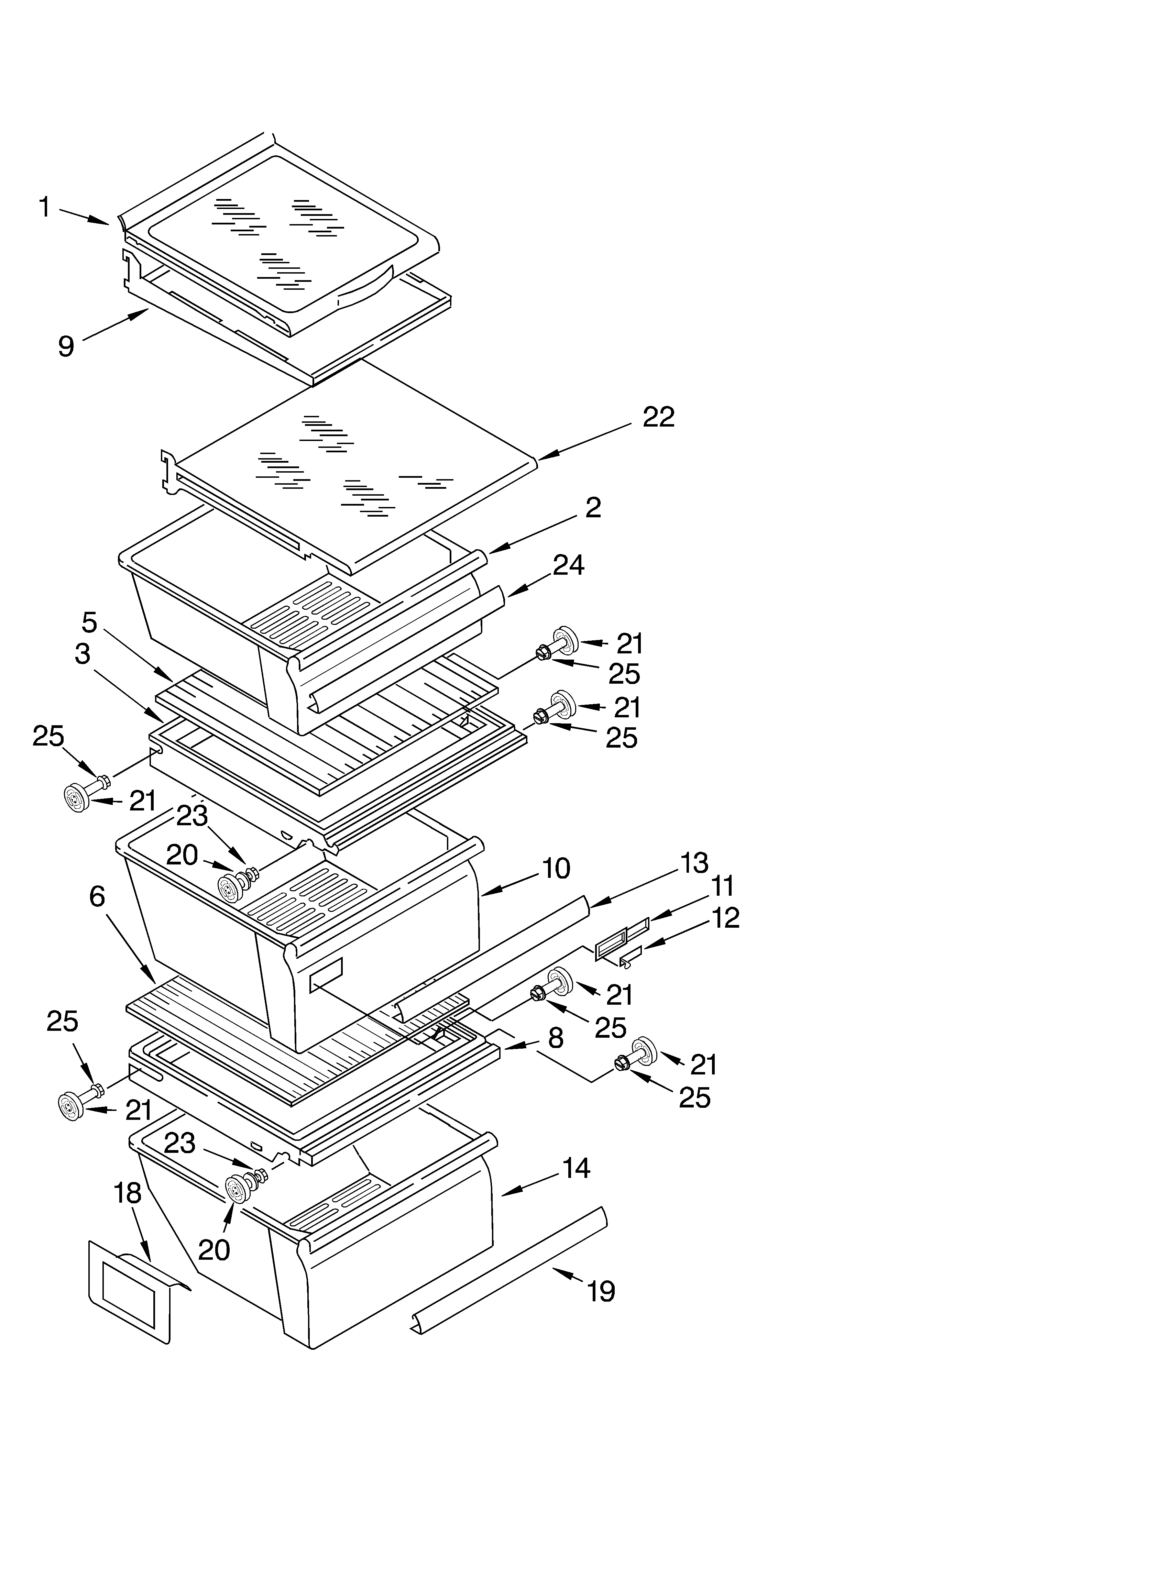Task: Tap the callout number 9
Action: (x=66, y=346)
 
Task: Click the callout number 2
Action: (x=593, y=508)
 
